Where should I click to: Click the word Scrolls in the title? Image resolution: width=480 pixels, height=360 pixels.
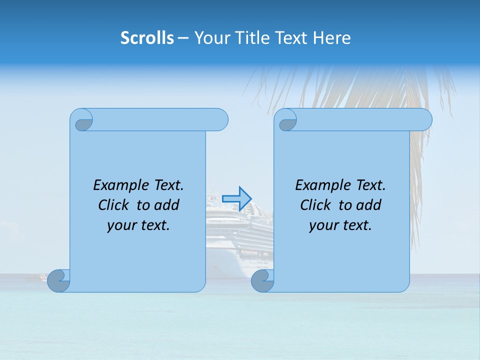[147, 38]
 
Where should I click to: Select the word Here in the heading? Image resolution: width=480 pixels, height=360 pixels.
[331, 38]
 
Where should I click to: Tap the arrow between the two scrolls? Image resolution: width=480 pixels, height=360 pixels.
[236, 198]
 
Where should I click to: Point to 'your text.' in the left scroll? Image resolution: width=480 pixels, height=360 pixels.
[138, 225]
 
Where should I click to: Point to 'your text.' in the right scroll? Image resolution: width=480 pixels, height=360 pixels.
[340, 225]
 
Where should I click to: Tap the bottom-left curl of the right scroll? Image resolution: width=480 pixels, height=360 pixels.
[262, 281]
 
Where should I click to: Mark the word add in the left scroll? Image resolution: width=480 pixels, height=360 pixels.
[166, 205]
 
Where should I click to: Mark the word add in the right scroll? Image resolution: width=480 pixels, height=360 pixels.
[368, 205]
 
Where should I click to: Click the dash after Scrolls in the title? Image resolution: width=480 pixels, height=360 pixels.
[183, 38]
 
